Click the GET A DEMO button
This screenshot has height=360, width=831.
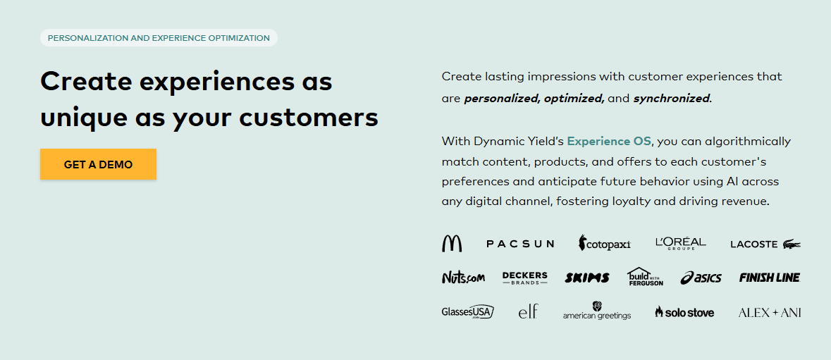tap(98, 164)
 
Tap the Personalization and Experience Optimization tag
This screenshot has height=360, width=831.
tap(159, 38)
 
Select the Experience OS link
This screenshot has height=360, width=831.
tap(609, 141)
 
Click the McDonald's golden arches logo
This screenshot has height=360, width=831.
tap(452, 244)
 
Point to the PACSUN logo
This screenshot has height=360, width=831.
tap(520, 244)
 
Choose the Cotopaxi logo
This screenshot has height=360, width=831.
tap(604, 244)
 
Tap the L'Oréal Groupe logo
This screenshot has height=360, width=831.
tap(680, 243)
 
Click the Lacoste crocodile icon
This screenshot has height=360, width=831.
tap(791, 244)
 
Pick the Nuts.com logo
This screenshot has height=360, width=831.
tap(463, 278)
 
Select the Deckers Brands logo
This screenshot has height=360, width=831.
tap(524, 278)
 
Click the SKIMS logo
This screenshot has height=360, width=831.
tap(586, 278)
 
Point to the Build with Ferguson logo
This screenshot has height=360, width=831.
tap(645, 276)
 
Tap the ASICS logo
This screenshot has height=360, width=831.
tap(701, 278)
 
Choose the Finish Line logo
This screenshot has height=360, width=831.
tap(769, 278)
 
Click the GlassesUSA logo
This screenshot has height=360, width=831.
tap(467, 311)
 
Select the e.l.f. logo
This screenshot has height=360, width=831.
tap(528, 311)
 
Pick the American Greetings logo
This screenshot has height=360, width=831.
tap(597, 311)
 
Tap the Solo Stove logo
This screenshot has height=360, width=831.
tap(684, 311)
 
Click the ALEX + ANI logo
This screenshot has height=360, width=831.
tap(769, 312)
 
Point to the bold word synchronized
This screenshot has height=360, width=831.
tap(671, 99)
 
